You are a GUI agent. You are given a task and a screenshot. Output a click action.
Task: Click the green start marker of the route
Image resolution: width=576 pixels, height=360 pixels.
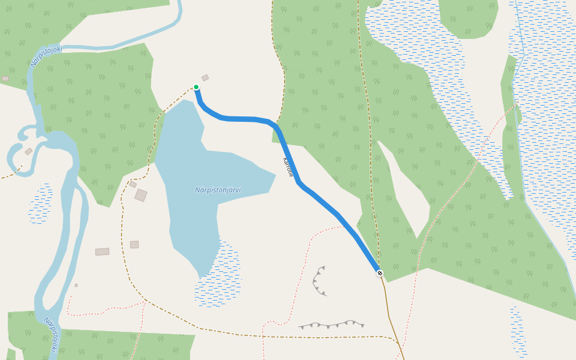(196, 87)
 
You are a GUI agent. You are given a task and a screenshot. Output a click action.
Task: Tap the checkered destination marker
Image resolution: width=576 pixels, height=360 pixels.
(380, 273)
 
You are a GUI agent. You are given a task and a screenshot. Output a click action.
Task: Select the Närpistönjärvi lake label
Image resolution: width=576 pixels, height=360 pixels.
(218, 190)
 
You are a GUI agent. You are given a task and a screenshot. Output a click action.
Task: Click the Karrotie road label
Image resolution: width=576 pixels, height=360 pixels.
(288, 167)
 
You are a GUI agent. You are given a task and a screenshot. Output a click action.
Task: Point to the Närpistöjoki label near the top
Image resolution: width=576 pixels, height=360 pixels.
(46, 56)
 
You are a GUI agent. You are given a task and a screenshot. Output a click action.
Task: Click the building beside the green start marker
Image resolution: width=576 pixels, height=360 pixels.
(205, 77)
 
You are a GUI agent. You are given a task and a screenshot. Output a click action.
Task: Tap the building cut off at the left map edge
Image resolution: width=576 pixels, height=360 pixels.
(5, 79)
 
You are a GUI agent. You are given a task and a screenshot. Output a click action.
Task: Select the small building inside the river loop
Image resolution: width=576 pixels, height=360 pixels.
(28, 151)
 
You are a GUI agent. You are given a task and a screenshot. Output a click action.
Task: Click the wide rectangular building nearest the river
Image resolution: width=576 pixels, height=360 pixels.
(102, 252)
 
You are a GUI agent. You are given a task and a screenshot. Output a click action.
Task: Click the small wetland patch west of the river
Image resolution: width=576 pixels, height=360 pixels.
(40, 204)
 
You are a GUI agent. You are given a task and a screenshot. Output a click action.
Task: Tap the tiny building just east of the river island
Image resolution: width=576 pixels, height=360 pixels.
(76, 285)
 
